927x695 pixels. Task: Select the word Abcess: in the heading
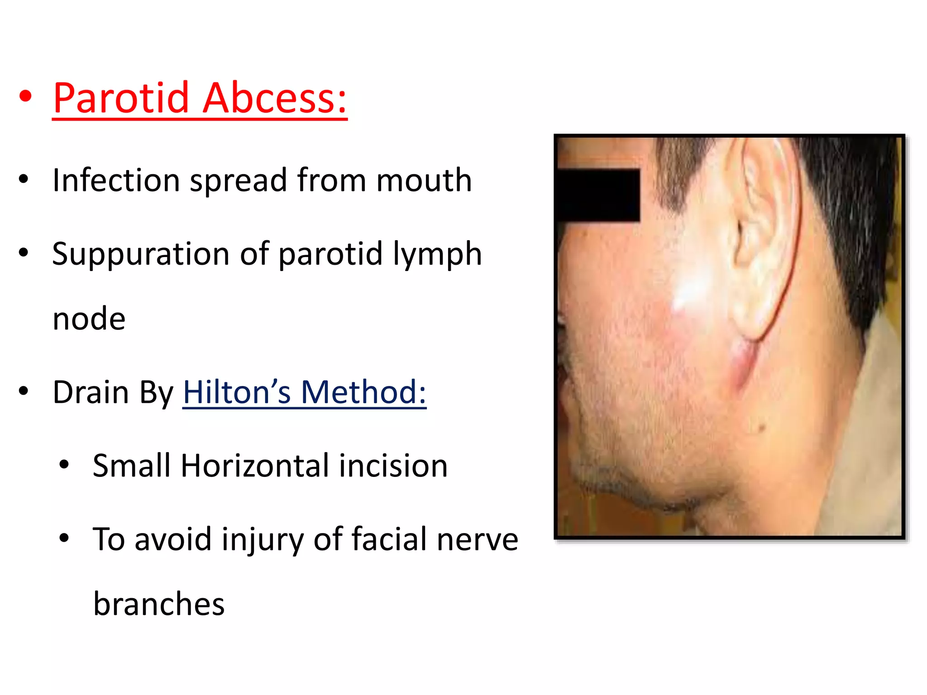pos(274,98)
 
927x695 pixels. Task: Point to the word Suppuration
pos(141,255)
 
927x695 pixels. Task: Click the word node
pos(89,319)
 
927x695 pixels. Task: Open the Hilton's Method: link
pos(304,392)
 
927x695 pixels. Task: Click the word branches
pos(159,605)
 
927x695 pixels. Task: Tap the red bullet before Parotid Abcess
pos(26,96)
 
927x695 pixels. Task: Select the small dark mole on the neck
pos(761,428)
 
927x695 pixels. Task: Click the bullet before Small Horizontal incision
pos(64,464)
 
